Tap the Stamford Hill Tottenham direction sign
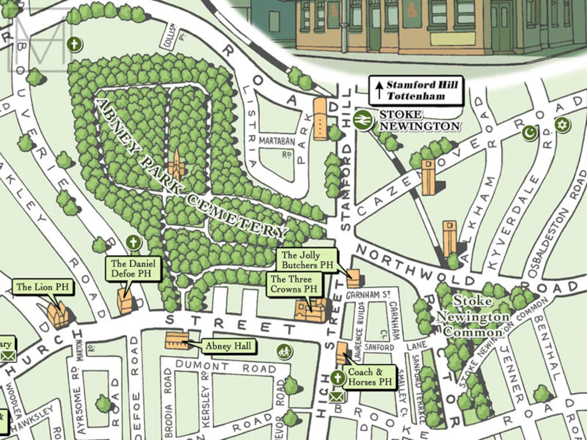point(416,91)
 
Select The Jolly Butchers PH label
point(306,260)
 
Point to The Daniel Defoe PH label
point(133,269)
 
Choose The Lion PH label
point(42,287)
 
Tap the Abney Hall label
point(229,346)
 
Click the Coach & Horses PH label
point(370,378)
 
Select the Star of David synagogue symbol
point(562,125)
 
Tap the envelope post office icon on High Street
point(337,397)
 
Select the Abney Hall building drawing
point(177,340)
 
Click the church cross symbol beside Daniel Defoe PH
point(133,242)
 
